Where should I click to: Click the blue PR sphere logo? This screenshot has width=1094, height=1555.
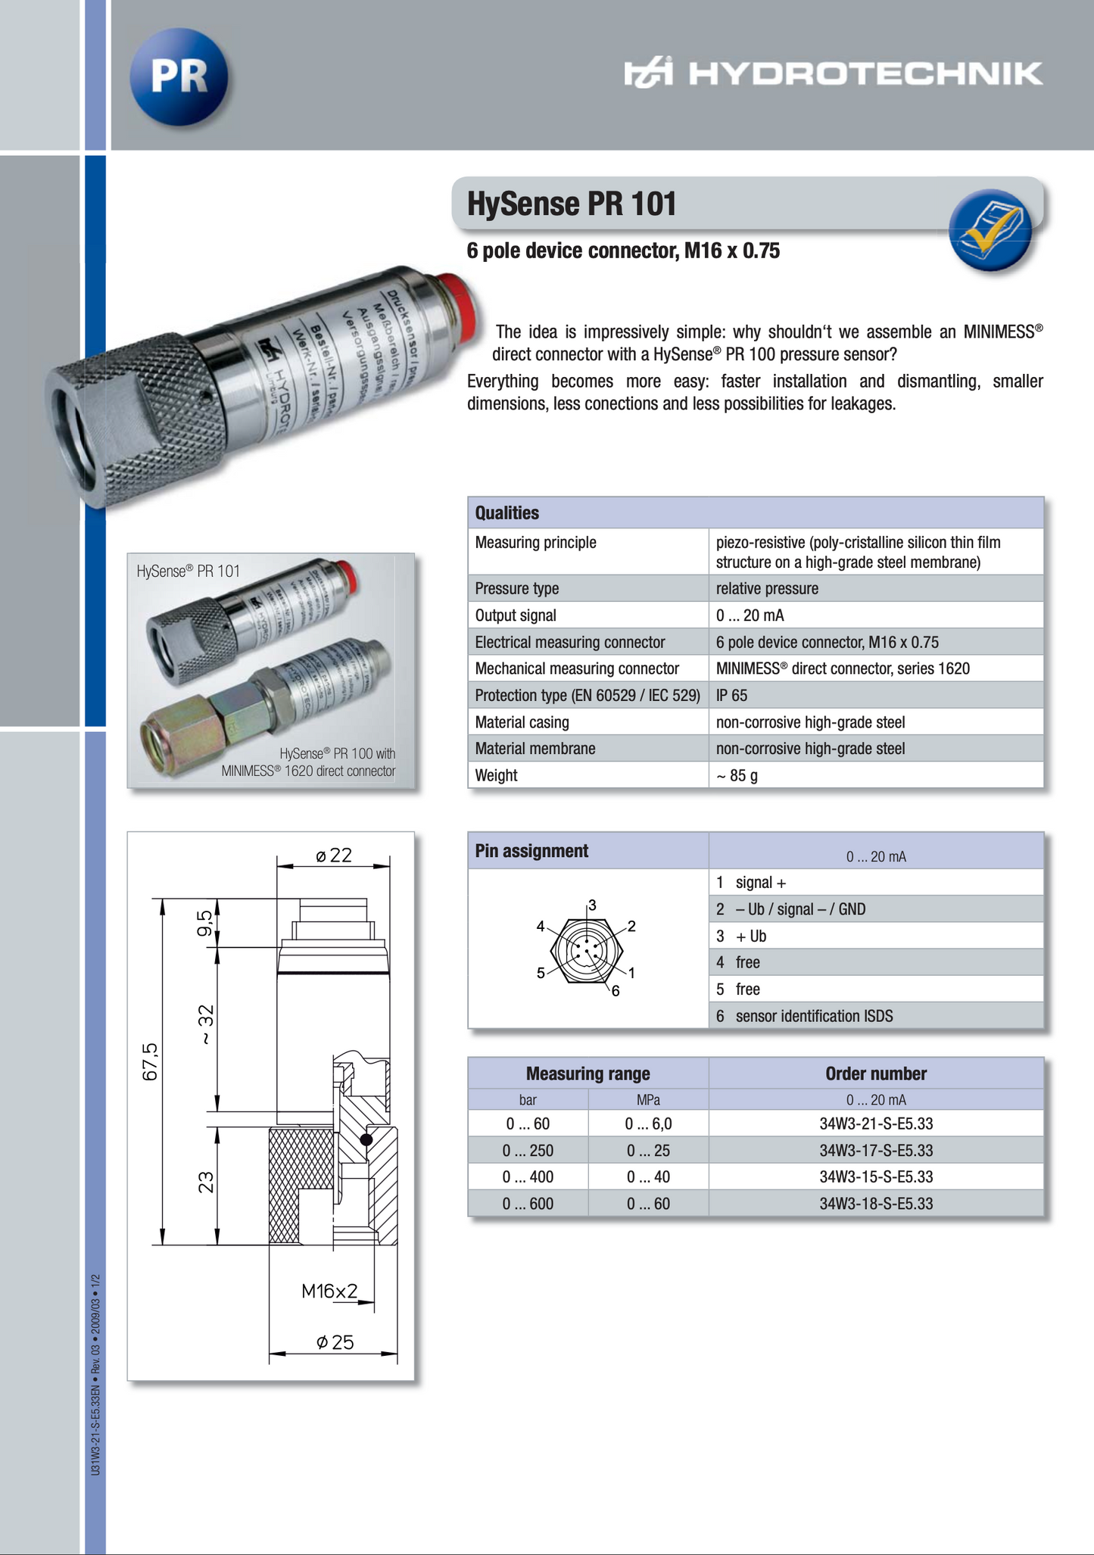179,76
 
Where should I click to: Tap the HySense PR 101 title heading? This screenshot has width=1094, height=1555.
572,204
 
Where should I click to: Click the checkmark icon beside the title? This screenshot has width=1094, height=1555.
991,229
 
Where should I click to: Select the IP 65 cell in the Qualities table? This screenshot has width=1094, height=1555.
731,695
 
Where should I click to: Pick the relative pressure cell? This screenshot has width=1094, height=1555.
766,588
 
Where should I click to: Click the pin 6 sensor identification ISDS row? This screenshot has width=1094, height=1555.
814,1016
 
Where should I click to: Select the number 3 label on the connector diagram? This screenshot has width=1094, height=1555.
592,905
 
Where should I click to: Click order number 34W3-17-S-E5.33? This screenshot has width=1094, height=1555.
876,1151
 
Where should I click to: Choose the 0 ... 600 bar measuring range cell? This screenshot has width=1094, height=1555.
528,1204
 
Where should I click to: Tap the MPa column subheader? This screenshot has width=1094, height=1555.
648,1100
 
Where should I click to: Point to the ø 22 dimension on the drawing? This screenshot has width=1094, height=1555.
334,855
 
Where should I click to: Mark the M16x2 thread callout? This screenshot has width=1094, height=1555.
329,1291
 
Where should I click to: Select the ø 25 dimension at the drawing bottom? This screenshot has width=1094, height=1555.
335,1342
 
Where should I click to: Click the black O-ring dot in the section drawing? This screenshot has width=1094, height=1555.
366,1139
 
